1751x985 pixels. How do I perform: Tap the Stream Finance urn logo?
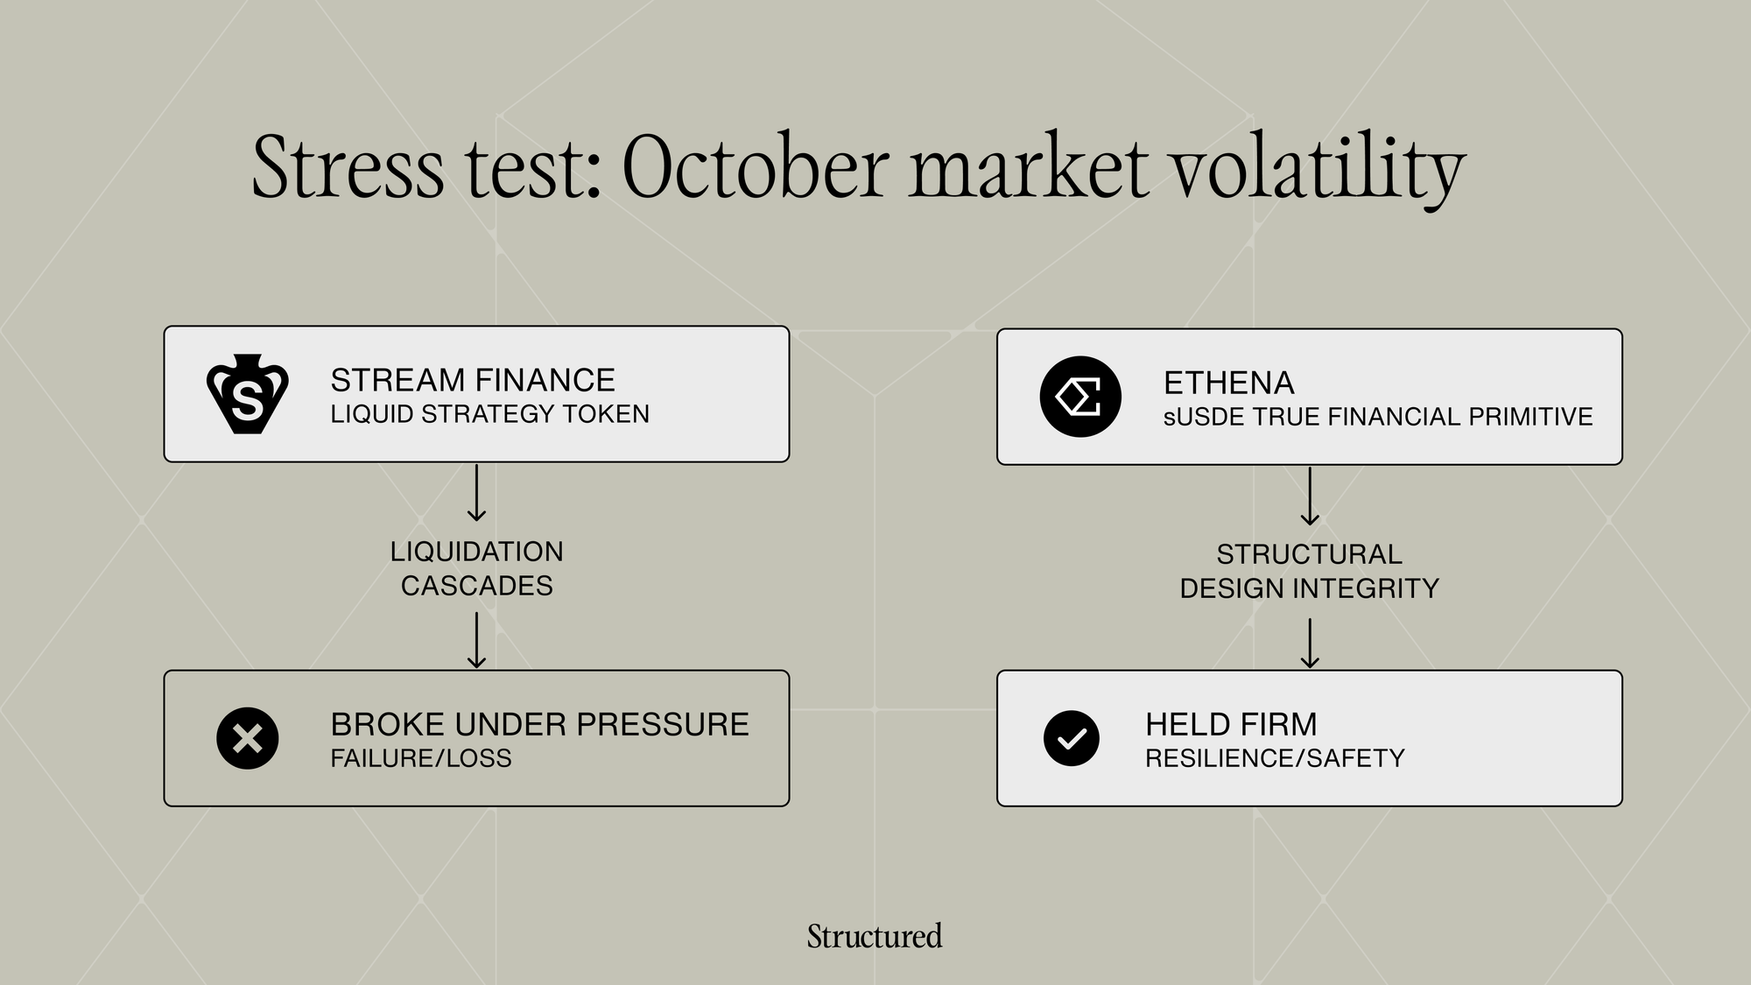[248, 394]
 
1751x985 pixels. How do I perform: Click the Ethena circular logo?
[1080, 397]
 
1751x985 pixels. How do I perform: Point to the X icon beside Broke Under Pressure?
[248, 738]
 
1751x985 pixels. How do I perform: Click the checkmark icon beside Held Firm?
[1072, 738]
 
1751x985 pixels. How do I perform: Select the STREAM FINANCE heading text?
[473, 380]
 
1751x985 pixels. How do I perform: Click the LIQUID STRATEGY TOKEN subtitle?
[490, 414]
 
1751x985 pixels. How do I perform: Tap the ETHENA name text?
[1229, 383]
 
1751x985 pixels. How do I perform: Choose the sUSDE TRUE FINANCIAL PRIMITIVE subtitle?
[1378, 417]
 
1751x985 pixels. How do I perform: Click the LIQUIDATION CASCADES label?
[477, 568]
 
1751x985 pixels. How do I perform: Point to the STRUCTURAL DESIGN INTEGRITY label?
[1310, 571]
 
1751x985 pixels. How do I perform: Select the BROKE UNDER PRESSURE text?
[540, 724]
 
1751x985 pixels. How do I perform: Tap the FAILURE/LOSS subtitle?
[421, 758]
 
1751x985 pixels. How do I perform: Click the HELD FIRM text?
[1231, 724]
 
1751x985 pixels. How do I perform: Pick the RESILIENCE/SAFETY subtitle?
[1275, 758]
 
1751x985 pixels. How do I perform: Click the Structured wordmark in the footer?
[875, 936]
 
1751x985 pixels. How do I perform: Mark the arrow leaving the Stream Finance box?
[477, 493]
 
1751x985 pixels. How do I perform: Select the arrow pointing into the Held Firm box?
[1310, 644]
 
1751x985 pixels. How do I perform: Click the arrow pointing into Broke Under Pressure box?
[477, 640]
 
